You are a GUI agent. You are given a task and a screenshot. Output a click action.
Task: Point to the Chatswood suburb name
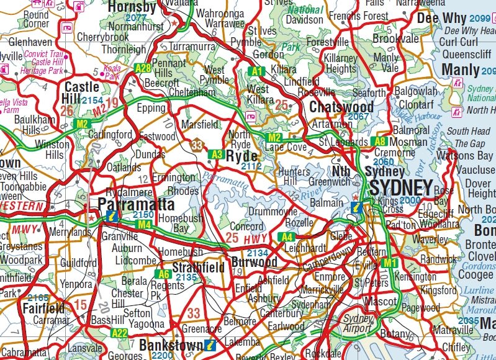(341, 107)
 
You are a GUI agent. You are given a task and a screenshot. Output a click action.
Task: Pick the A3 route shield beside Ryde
(216, 154)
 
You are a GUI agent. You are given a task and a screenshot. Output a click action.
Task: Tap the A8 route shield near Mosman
(380, 142)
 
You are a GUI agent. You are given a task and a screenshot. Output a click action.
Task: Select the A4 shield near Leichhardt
(286, 236)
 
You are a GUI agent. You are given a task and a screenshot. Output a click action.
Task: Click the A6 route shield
(163, 274)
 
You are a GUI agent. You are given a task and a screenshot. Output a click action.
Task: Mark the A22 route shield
(119, 333)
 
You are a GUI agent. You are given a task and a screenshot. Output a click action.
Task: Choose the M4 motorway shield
(145, 224)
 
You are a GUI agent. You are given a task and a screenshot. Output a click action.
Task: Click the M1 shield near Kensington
(389, 263)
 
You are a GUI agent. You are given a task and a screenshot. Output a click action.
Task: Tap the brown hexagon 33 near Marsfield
(197, 145)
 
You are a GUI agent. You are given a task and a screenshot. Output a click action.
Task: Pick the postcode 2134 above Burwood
(257, 253)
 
